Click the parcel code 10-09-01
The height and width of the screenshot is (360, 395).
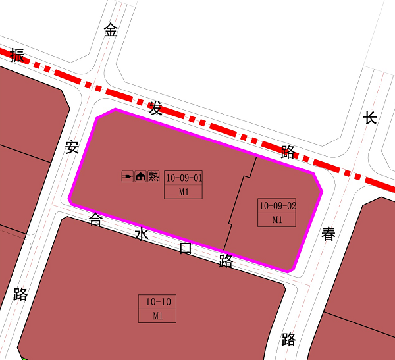point(184,178)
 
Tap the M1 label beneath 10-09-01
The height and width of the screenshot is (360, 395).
point(184,192)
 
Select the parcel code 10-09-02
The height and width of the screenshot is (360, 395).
point(278,206)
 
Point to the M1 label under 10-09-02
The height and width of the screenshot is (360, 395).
point(277,220)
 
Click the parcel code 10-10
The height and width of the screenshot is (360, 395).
point(158,302)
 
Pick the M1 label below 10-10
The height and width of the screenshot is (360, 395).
point(158,316)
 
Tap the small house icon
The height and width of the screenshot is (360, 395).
point(140,176)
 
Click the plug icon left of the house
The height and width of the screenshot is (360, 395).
point(128,176)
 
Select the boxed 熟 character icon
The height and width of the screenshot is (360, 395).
point(153,176)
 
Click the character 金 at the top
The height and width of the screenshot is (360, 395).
point(111,30)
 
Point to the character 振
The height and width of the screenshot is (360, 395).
point(17,55)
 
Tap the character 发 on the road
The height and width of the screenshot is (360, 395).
point(156,108)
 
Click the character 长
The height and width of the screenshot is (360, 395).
point(370,118)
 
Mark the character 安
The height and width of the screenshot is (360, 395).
point(72,147)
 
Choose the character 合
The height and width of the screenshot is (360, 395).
point(95,220)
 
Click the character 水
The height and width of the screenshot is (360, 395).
point(142,234)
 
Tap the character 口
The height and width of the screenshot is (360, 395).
point(186,248)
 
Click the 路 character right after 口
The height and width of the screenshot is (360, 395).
point(226,261)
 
